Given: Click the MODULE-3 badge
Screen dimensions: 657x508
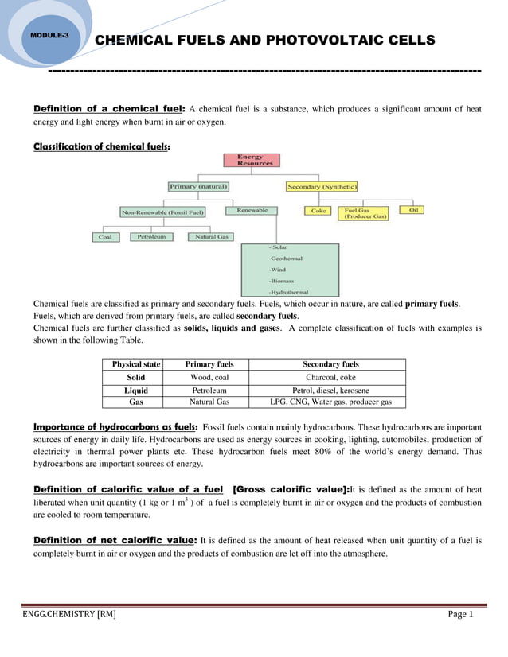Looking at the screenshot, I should pyautogui.click(x=49, y=37).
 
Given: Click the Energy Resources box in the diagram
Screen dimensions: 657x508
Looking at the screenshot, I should pyautogui.click(x=255, y=160).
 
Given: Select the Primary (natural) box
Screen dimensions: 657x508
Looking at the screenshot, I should pyautogui.click(x=198, y=186).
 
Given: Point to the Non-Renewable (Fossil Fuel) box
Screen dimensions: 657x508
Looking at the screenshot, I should pyautogui.click(x=163, y=212).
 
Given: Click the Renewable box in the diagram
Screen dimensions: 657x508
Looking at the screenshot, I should pyautogui.click(x=252, y=211).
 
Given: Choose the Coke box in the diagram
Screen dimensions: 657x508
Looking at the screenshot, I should pyautogui.click(x=318, y=211).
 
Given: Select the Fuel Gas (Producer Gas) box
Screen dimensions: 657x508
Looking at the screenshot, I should pyautogui.click(x=365, y=213).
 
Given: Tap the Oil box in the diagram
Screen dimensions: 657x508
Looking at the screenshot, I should pyautogui.click(x=414, y=210).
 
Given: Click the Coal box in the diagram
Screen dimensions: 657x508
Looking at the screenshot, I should pyautogui.click(x=105, y=237).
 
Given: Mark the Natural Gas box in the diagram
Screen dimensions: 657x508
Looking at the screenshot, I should pyautogui.click(x=211, y=237).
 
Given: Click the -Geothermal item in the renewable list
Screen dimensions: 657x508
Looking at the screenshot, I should pyautogui.click(x=285, y=259).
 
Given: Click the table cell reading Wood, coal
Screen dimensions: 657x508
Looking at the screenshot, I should pyautogui.click(x=209, y=377).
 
